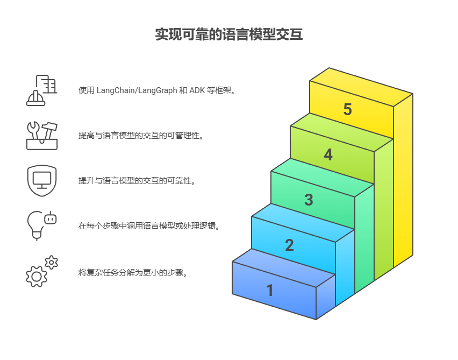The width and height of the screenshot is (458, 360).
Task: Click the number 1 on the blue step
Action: coord(270,291)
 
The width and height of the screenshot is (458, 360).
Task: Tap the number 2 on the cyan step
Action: coord(289,245)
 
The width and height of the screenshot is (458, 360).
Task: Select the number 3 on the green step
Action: coord(309,200)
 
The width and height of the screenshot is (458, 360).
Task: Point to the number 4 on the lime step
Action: coord(328,155)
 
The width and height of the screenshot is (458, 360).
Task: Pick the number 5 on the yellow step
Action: coord(347,110)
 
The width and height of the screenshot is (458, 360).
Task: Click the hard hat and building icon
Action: coord(42,90)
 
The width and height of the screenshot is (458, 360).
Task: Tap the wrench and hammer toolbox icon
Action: coord(42,135)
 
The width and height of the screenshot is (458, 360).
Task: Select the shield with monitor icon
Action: coord(42,180)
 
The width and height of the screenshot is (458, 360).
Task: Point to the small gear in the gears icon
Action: coord(52,262)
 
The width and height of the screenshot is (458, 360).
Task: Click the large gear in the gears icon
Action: coord(37,276)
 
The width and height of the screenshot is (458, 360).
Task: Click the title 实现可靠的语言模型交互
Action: coord(229,35)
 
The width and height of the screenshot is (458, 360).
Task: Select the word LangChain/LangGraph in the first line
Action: coord(137,90)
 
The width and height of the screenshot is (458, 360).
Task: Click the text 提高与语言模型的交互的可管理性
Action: coord(141,136)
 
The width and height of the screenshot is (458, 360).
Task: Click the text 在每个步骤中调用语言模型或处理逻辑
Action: coord(149,226)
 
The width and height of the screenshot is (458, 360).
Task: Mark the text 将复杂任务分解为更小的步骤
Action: coord(133,273)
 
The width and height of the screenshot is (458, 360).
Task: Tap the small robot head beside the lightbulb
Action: coord(51,218)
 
